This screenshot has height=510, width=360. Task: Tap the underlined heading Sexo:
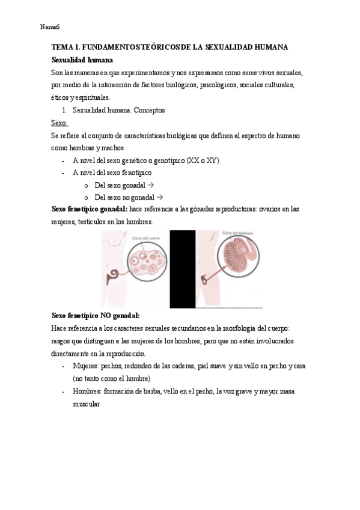[60, 123]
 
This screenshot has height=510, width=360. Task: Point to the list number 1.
[65, 110]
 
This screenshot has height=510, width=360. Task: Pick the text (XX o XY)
[203, 161]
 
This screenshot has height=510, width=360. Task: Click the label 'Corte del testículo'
[239, 233]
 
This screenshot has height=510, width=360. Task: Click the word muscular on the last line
[87, 404]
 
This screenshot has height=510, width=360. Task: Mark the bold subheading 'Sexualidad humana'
[82, 60]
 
